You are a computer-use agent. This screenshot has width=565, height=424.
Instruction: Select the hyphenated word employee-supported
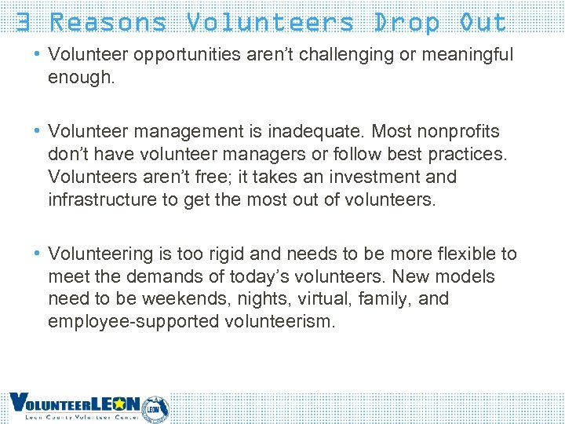(x=133, y=322)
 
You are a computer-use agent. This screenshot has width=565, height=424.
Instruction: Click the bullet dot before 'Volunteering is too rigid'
(x=38, y=254)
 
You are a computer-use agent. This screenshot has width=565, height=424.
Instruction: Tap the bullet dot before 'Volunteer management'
(x=38, y=131)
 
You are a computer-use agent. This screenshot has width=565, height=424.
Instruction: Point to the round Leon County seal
(x=155, y=408)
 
